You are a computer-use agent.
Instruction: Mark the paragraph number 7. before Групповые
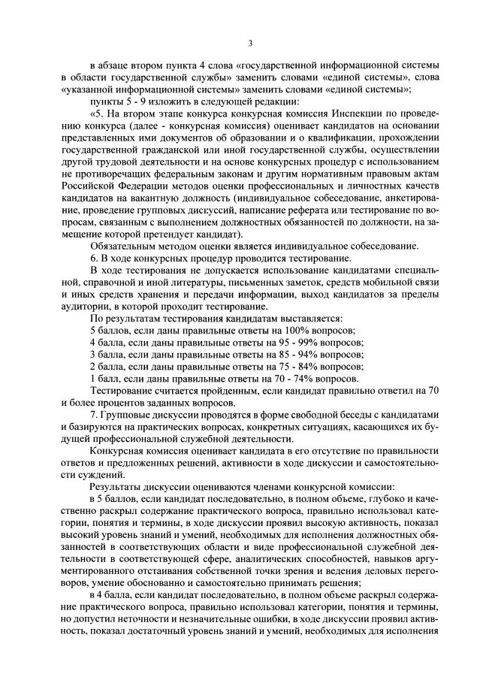click(x=94, y=415)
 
